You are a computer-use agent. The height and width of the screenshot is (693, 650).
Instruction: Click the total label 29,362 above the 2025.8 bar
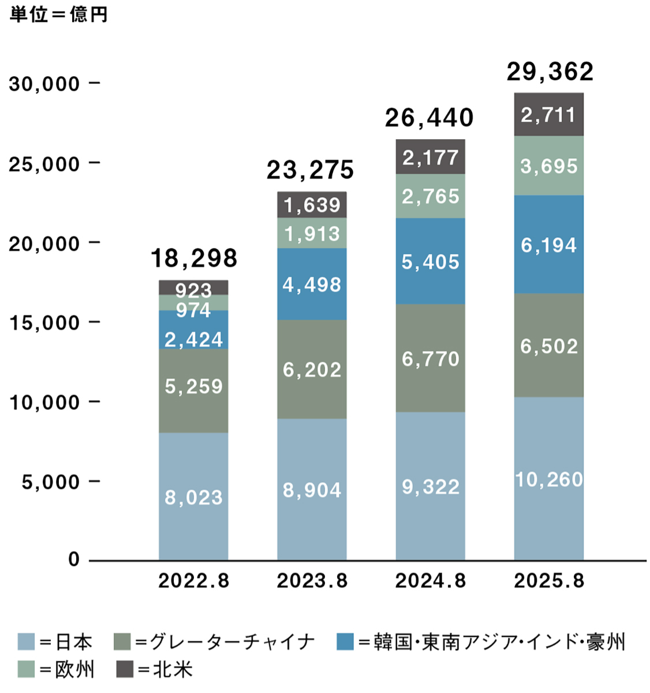click(x=550, y=72)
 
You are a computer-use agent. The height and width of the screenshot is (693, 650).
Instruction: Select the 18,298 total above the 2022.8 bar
click(x=194, y=258)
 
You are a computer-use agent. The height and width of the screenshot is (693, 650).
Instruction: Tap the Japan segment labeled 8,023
click(x=193, y=497)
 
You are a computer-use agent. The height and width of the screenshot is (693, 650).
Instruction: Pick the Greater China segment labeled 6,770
click(x=431, y=359)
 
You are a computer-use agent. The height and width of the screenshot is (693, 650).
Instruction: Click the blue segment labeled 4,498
click(x=312, y=285)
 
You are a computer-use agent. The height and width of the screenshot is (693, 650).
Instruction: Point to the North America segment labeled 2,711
click(x=548, y=114)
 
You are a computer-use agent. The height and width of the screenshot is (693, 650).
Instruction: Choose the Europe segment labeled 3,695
click(x=548, y=166)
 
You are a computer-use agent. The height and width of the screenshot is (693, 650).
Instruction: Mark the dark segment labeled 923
click(x=193, y=289)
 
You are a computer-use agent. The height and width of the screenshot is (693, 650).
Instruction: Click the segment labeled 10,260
click(x=548, y=479)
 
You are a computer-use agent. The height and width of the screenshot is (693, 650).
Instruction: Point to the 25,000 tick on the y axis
click(x=44, y=164)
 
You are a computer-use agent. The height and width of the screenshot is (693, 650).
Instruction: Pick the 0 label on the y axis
click(x=74, y=559)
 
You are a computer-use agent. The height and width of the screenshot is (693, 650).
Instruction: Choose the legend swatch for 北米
click(x=125, y=669)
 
